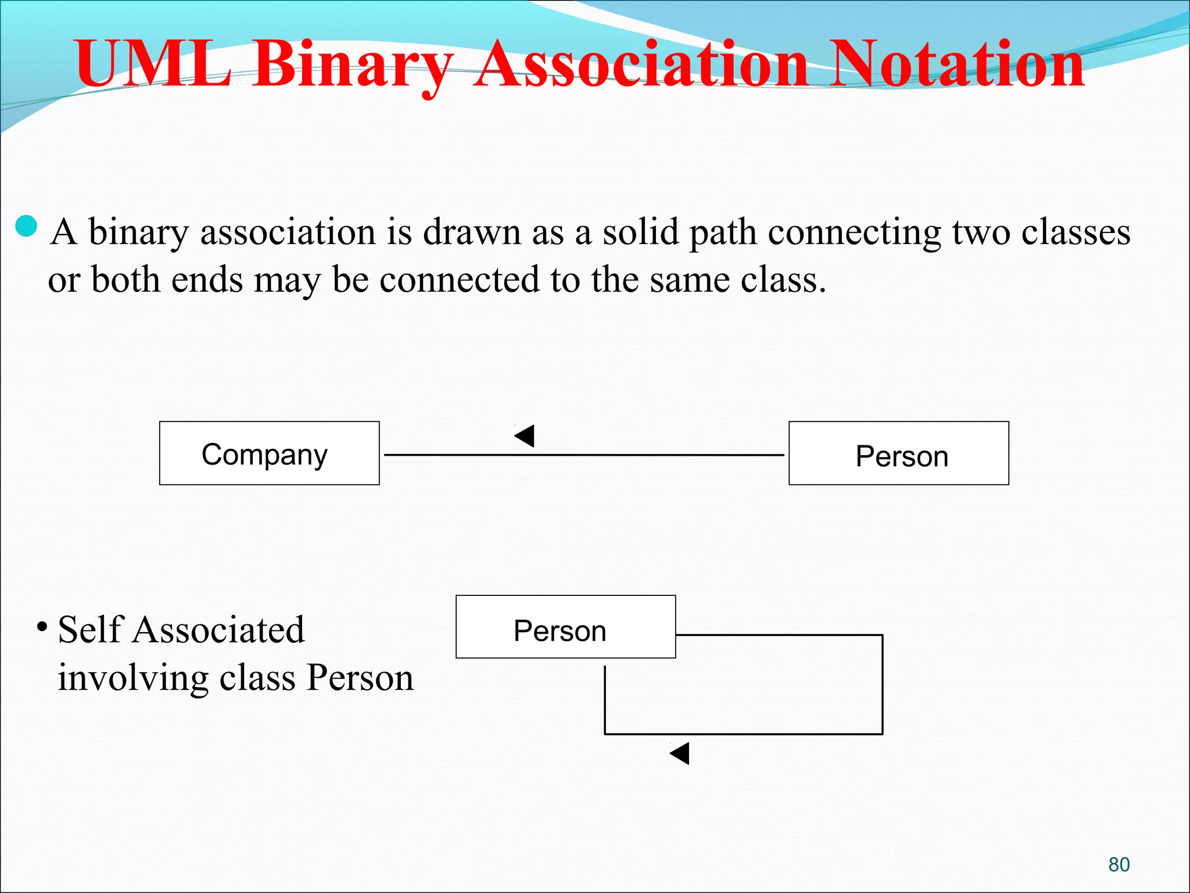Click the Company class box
(269, 453)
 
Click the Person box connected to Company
(898, 453)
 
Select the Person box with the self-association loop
(565, 627)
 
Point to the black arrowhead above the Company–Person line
(525, 435)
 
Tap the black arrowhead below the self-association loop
(680, 753)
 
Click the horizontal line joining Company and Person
(639, 455)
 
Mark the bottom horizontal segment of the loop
(744, 734)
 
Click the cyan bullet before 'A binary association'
(27, 226)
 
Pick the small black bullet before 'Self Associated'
(42, 627)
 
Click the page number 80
(1119, 865)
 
